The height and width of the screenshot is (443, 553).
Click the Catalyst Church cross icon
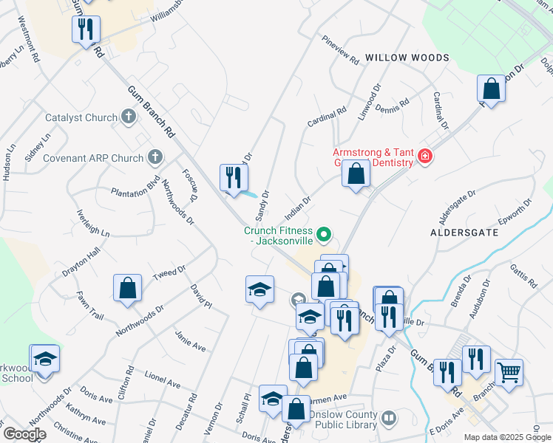tap(128, 117)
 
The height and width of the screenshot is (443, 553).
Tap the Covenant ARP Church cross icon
tap(154, 157)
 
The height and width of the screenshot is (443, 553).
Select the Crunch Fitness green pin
tap(323, 236)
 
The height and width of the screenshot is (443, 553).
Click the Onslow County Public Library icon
tap(389, 419)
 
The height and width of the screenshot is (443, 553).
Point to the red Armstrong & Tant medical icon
tap(424, 156)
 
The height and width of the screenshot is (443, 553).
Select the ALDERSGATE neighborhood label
tap(464, 233)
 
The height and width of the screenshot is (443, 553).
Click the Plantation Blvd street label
tap(135, 185)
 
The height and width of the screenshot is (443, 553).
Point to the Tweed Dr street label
tap(169, 273)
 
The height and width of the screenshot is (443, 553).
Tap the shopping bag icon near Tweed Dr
tap(127, 289)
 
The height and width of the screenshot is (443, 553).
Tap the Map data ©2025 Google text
tap(507, 437)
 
